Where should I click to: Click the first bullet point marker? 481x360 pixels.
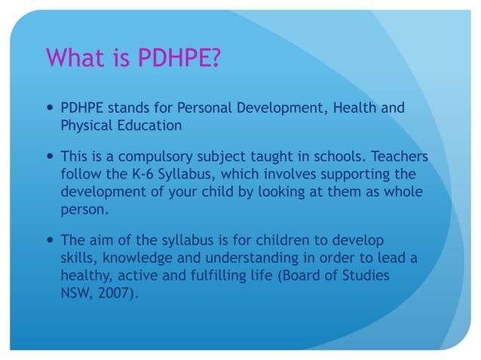click(50, 108)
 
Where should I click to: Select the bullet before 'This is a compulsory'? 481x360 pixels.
click(50, 157)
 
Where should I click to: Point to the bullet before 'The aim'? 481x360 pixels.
click(50, 240)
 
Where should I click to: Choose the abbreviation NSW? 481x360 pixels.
click(76, 292)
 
